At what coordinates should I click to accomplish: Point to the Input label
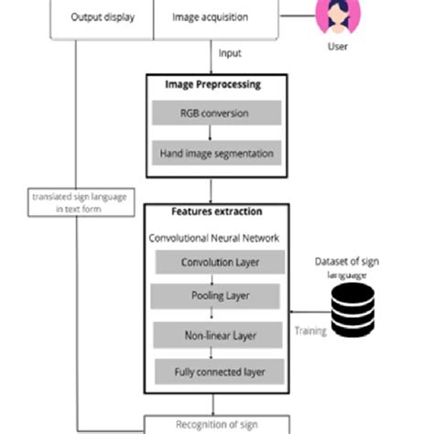click(230, 53)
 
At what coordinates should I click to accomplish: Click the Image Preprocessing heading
click(212, 84)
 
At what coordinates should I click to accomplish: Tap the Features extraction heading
click(217, 211)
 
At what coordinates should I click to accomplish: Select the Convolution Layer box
click(219, 263)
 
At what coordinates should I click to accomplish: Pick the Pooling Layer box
click(219, 297)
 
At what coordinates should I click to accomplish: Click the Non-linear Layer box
click(219, 334)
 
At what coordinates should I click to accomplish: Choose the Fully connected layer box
click(219, 373)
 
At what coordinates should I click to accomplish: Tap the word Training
click(309, 331)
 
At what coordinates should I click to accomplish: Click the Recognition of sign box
click(217, 424)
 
